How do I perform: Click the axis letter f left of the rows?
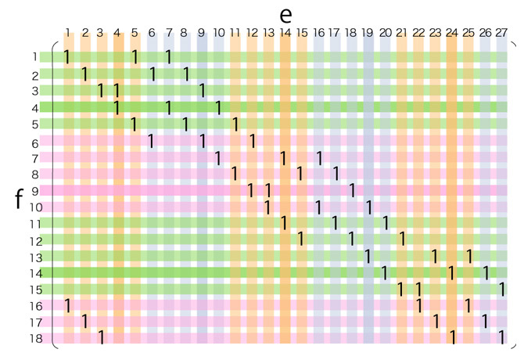[19, 198]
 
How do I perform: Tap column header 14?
[285, 33]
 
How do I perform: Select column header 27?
[501, 33]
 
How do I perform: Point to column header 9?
[201, 33]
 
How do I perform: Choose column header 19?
[368, 33]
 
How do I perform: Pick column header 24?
[451, 33]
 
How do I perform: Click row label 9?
[35, 191]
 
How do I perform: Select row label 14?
[35, 273]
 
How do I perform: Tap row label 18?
[35, 338]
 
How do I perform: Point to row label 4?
[35, 107]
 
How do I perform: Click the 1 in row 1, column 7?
[168, 57]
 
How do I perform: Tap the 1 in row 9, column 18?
[352, 190]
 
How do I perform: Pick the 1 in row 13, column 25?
[468, 256]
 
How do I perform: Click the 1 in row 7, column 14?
[285, 157]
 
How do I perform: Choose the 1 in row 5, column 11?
[235, 124]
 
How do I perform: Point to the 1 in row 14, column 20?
[385, 272]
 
